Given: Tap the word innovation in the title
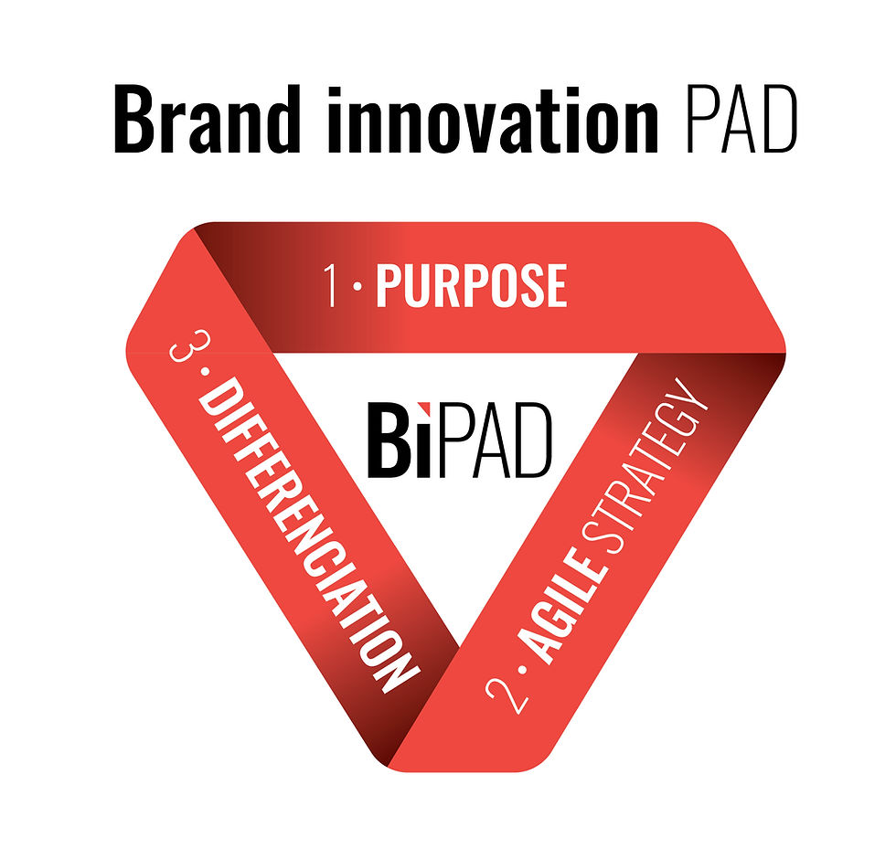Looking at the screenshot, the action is click(x=493, y=119).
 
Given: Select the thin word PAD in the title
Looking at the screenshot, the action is click(x=741, y=119).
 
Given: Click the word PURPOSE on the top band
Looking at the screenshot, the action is click(x=472, y=285).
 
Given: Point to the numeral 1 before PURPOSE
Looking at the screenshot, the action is click(x=331, y=285).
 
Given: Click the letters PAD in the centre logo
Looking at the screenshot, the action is click(x=495, y=440).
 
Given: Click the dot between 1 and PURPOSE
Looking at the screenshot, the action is click(x=357, y=287).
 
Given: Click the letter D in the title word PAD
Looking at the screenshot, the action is click(x=779, y=120).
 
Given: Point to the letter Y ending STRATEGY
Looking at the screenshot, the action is click(x=695, y=395).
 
